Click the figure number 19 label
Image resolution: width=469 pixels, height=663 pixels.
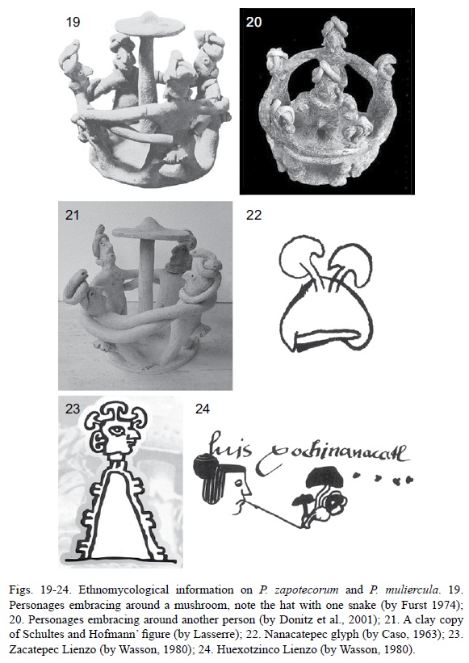[73, 22]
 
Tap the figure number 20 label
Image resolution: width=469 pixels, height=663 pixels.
[253, 22]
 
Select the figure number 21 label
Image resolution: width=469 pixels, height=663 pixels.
[73, 216]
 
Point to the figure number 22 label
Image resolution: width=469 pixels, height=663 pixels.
[253, 216]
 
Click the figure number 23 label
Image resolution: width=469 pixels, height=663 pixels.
[73, 409]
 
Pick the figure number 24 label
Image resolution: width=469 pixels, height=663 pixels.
[203, 409]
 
